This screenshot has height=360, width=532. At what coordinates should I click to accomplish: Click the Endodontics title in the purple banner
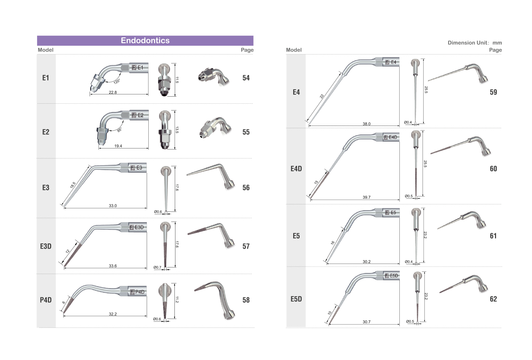click(145, 40)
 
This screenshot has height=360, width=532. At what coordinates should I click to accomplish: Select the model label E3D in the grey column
click(46, 246)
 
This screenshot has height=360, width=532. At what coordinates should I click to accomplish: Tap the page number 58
click(246, 300)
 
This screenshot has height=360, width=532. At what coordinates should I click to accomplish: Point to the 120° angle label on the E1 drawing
click(117, 81)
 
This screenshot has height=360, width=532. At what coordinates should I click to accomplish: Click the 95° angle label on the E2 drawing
click(119, 130)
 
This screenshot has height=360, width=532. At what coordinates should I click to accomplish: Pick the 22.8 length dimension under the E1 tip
click(113, 92)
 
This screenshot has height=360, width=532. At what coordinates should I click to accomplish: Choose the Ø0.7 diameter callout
click(157, 267)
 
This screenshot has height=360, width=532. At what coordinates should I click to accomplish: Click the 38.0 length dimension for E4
click(367, 124)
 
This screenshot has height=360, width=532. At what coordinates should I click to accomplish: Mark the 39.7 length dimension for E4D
click(367, 197)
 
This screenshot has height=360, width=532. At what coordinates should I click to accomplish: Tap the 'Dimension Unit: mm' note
click(475, 43)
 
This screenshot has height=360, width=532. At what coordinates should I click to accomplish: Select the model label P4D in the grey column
click(46, 300)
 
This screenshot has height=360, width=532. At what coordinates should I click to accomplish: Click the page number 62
click(493, 299)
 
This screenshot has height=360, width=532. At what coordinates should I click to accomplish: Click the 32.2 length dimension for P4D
click(113, 314)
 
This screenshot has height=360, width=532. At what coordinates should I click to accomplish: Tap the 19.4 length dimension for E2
click(118, 146)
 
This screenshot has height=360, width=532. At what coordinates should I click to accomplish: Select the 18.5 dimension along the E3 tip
click(73, 185)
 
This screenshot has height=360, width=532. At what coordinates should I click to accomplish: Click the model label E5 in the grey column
click(296, 236)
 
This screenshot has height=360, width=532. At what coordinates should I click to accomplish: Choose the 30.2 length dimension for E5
click(367, 261)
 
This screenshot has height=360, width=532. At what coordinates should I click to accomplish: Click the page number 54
click(246, 78)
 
